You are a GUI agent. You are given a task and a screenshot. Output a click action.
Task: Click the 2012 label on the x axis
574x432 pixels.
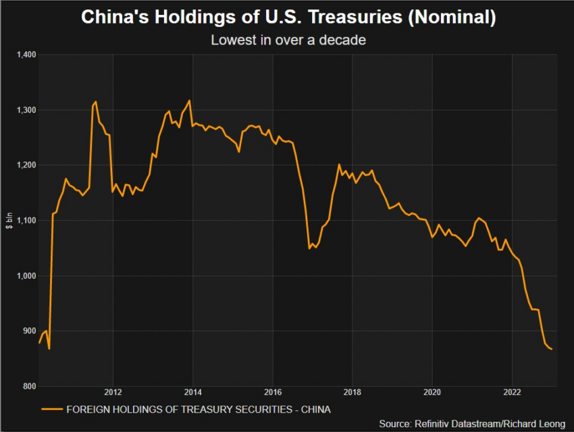[x=113, y=393]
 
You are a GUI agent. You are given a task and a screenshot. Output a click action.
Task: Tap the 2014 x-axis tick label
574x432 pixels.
[x=193, y=393]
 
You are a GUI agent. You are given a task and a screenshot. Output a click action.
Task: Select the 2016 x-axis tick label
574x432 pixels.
[x=273, y=393]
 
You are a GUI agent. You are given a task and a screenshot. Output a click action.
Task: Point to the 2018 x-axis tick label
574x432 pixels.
[x=353, y=393]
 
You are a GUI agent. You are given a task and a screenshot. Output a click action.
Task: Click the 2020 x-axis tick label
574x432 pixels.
[x=432, y=393]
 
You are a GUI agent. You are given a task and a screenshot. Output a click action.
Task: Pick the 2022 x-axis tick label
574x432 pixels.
[x=513, y=393]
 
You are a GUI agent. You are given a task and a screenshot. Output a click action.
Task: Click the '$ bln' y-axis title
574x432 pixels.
[x=9, y=221]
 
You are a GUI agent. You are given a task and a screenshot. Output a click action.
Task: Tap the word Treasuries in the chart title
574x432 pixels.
[x=358, y=18]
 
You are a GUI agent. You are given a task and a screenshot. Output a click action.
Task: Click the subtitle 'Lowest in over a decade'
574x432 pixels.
[x=288, y=40]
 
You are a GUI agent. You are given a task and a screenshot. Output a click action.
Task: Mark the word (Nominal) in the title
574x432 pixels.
[x=453, y=18]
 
